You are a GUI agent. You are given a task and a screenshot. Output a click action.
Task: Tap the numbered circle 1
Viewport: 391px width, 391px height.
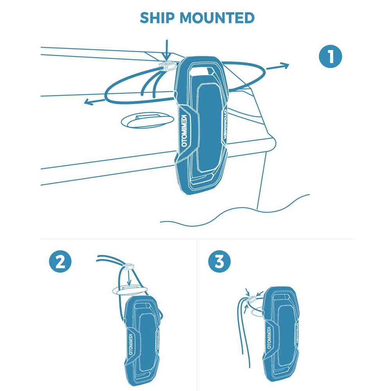[330, 57]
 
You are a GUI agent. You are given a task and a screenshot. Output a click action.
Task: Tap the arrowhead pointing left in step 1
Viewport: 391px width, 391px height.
[88, 102]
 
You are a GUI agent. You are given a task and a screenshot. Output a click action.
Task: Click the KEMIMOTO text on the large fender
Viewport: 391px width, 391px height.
[185, 131]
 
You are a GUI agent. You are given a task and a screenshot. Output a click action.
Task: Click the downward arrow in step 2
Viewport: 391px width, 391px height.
[129, 278]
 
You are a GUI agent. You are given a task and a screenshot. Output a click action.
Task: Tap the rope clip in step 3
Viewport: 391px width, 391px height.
[253, 299]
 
